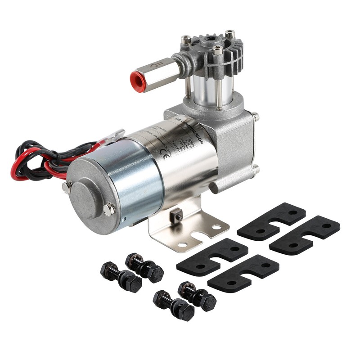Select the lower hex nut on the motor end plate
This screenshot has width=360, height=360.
click(x=109, y=209)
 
